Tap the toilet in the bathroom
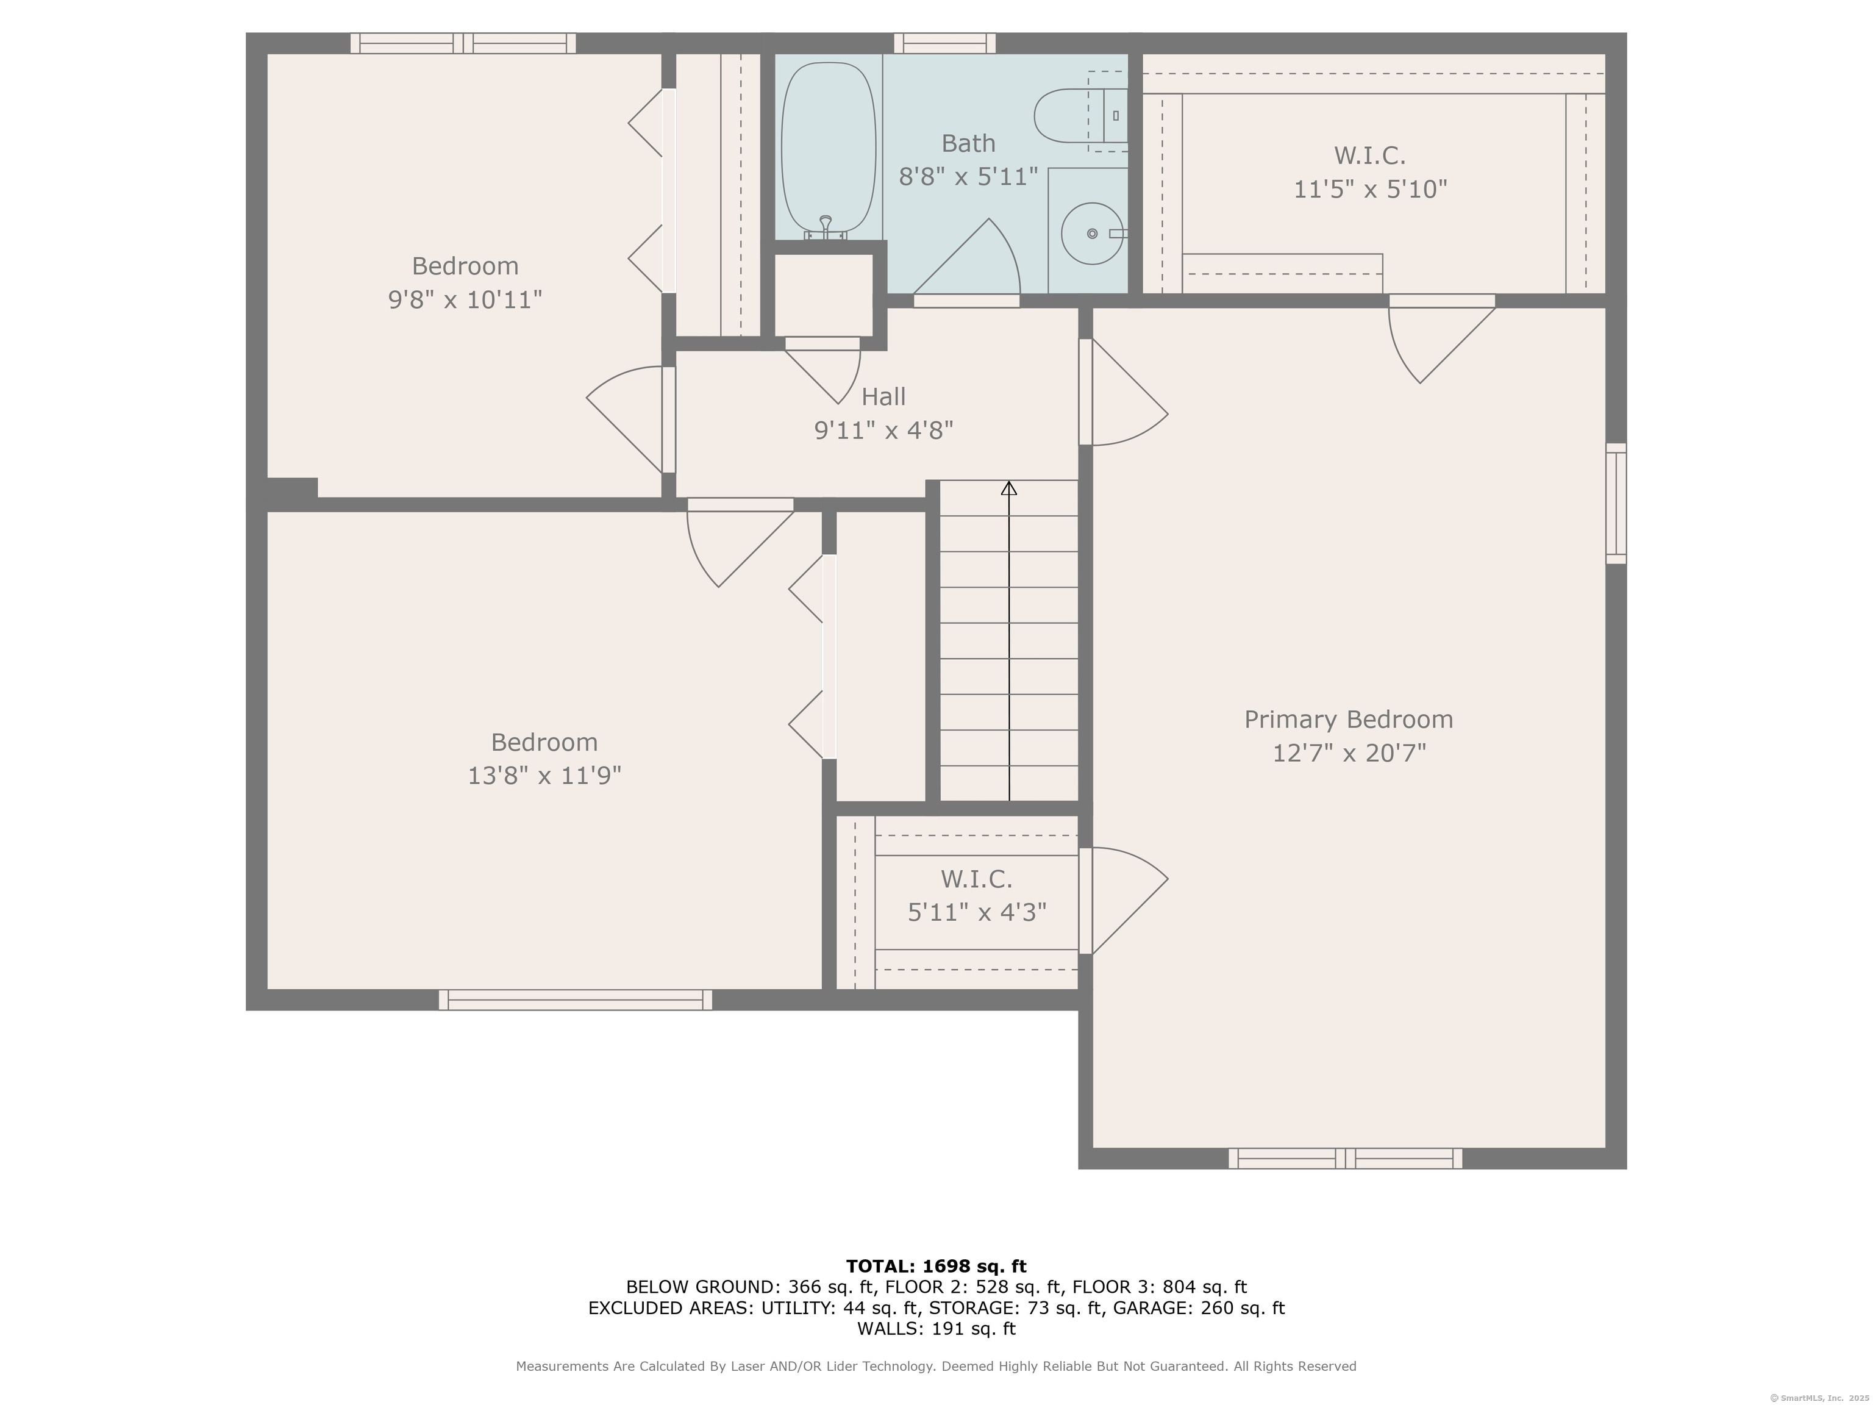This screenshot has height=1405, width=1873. pos(1080,115)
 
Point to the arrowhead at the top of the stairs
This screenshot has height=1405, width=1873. pos(1008,488)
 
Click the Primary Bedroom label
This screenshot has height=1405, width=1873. pos(1348,719)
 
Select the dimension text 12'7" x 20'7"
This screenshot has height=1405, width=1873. pos(1349,753)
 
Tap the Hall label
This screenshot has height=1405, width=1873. pos(883,396)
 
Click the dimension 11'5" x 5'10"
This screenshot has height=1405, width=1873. pos(1370,189)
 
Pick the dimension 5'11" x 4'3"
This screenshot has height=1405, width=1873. pos(977,912)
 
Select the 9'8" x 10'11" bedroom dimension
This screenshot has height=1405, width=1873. pos(465,300)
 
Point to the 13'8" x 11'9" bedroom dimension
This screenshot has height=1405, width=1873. pos(544,776)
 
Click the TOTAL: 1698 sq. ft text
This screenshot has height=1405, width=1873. pos(936,1266)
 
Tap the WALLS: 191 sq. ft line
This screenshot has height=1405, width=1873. pos(936,1329)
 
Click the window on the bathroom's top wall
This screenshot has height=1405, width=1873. pos(945,43)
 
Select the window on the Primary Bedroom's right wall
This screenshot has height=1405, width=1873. pos(1616,503)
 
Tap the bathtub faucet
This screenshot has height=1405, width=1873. pos(826,227)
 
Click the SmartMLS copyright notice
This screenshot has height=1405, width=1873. pos(1820,1398)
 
